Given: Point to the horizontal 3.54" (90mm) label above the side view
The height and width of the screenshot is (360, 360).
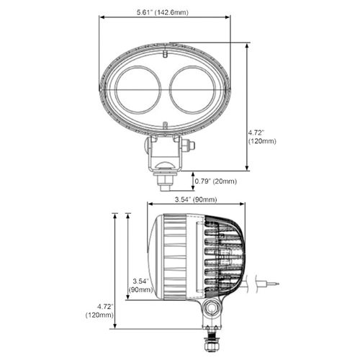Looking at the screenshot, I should click(197, 199).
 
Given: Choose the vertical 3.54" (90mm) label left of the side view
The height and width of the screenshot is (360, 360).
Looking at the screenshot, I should click(140, 284).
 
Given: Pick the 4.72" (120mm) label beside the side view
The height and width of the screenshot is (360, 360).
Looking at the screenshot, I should click(99, 310).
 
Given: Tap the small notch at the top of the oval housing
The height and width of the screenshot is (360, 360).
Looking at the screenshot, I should click(165, 54).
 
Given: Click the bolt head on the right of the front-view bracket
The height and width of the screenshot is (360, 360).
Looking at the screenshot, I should click(190, 146).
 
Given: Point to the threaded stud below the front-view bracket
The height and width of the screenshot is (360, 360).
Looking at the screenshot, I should click(164, 183).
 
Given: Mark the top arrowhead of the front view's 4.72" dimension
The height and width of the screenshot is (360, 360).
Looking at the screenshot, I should click(249, 45).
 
